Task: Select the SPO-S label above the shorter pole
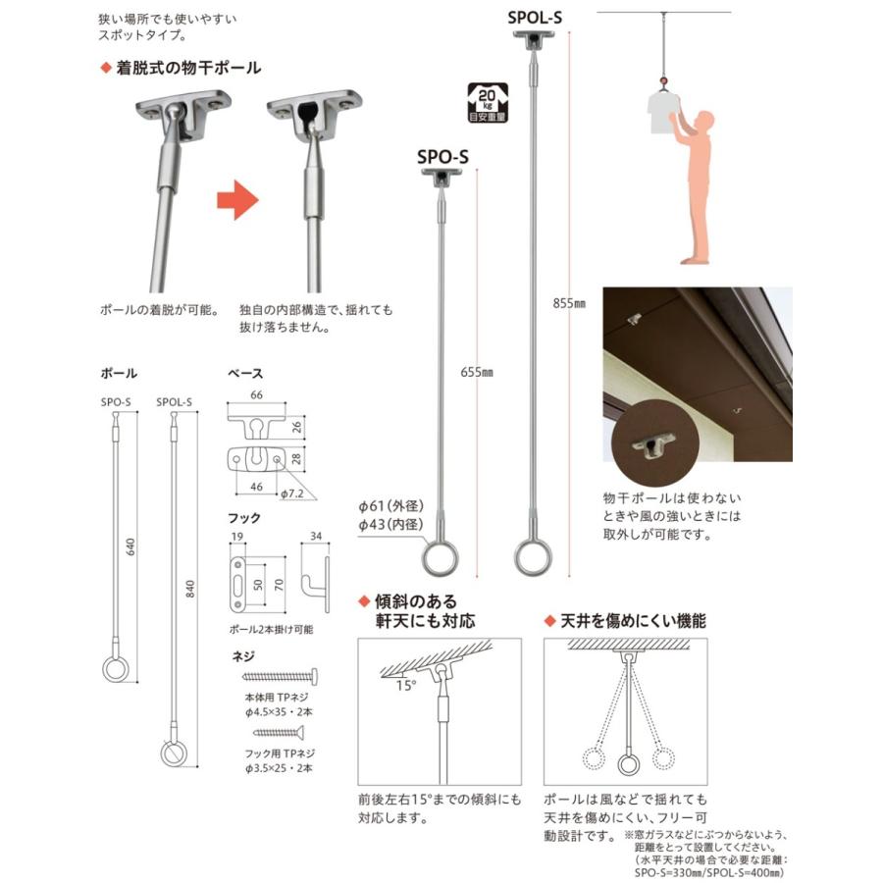click(x=443, y=155)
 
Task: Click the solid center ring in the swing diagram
click(x=628, y=761)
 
